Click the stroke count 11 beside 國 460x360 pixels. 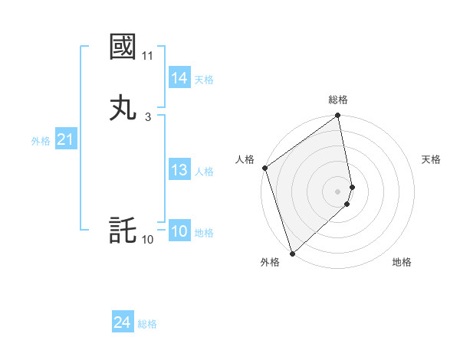pos(147,56)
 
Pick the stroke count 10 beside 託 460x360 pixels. pos(147,240)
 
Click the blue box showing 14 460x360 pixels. pos(179,78)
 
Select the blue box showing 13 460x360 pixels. pos(179,171)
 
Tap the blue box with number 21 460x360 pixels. pos(65,140)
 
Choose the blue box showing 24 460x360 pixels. pos(122,323)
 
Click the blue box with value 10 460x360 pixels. pos(179,232)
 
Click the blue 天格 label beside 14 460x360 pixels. pos(204,80)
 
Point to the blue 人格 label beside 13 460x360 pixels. pos(204,172)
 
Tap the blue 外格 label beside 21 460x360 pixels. pos(41,141)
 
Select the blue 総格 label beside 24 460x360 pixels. pos(147,324)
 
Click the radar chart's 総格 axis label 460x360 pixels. pos(338,100)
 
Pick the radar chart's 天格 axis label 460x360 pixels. pos(432,159)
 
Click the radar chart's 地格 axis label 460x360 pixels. pos(402,262)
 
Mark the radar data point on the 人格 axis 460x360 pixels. pos(264,168)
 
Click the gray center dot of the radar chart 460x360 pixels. pos(338,191)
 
